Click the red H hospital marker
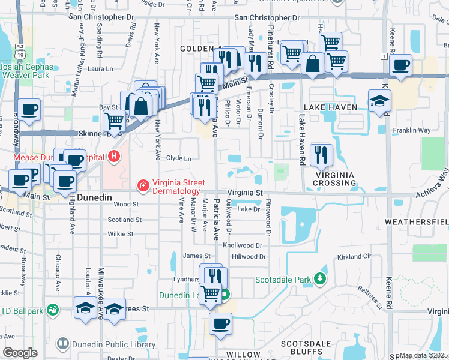[x=114, y=158]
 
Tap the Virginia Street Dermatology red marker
[x=143, y=186]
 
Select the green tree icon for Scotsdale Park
[x=321, y=279]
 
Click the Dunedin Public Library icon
[x=62, y=344]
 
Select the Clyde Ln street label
[x=178, y=158]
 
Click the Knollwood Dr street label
[x=243, y=245]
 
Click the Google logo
[x=20, y=353]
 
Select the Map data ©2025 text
[x=423, y=355]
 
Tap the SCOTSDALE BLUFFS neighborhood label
[x=306, y=348]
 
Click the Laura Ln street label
[x=100, y=69]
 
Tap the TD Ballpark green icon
[x=53, y=310]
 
